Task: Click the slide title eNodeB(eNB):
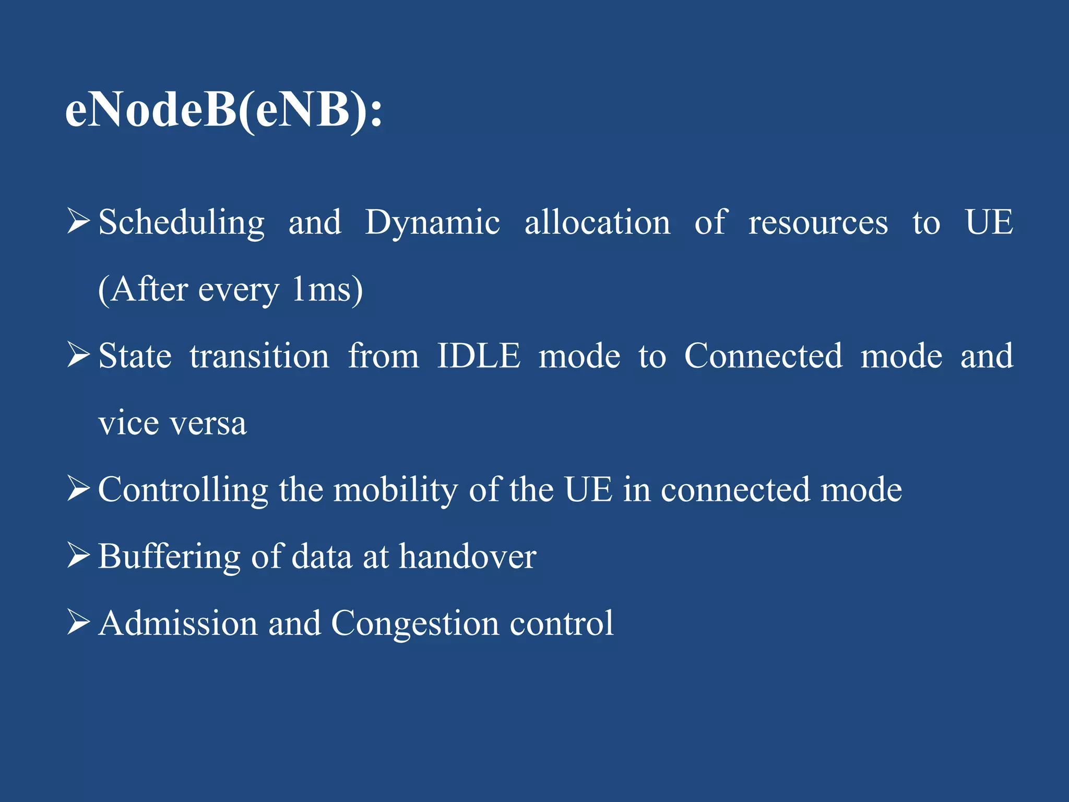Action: click(223, 111)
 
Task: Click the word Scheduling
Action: click(181, 223)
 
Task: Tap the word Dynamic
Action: click(432, 223)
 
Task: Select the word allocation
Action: click(597, 223)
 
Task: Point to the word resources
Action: click(818, 223)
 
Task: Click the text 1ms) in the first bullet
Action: click(327, 290)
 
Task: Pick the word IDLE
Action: click(478, 357)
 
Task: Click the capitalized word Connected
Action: click(763, 357)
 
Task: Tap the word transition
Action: click(259, 357)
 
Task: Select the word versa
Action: click(208, 423)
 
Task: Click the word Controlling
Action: click(183, 490)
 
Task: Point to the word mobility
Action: click(395, 490)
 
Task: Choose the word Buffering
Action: click(169, 557)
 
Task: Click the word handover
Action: click(467, 557)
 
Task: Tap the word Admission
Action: click(178, 623)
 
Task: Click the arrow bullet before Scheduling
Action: click(78, 221)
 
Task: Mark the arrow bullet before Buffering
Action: click(78, 555)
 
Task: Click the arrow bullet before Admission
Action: click(78, 622)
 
